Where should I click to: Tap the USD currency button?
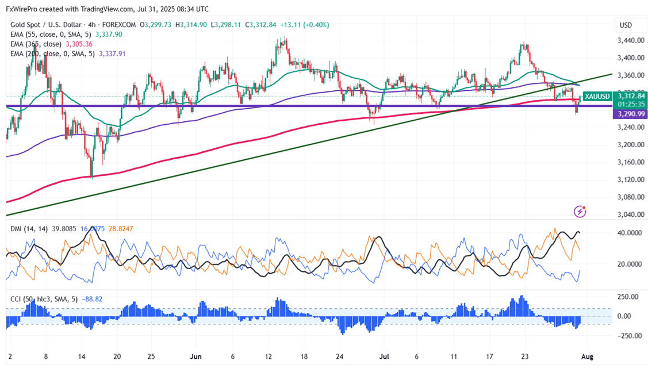[625, 25]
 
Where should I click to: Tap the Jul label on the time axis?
[384, 356]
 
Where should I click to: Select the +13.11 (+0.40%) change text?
[306, 25]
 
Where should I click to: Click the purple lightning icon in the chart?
[581, 212]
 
